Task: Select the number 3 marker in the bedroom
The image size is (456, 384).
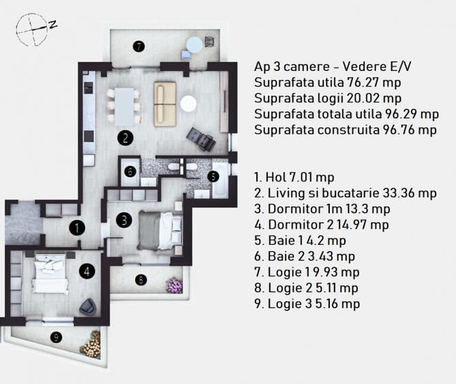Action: click(123, 220)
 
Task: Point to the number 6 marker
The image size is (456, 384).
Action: click(130, 172)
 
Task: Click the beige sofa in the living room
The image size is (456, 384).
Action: click(164, 104)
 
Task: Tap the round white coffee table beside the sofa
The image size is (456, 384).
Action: click(188, 104)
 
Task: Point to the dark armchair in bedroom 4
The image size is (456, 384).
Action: click(88, 307)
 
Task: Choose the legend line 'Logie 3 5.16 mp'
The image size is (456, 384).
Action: click(306, 304)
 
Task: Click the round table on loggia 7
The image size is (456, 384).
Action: click(195, 45)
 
